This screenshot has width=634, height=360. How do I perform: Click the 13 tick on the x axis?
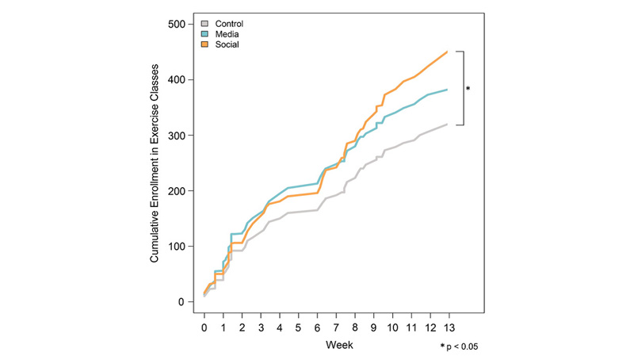pos(448,326)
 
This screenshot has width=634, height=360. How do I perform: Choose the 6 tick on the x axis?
pos(317,326)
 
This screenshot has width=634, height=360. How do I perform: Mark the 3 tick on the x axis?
pos(261,326)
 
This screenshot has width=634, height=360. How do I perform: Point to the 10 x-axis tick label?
pos(391,326)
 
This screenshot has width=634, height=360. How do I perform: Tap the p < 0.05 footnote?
pos(460,347)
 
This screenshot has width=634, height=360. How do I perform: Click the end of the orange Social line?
pos(448,52)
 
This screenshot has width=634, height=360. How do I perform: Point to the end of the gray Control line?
pos(448,124)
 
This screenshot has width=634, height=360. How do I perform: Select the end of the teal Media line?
pos(448,90)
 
